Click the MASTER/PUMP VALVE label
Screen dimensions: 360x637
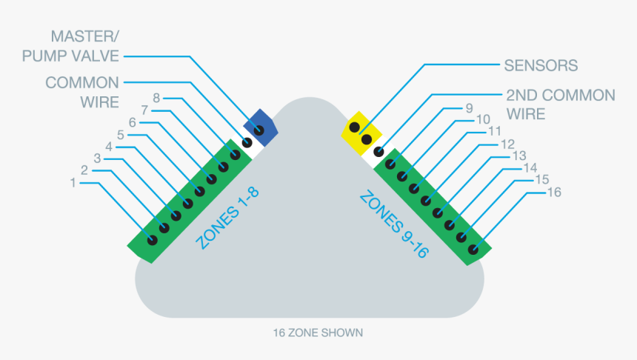click(70, 46)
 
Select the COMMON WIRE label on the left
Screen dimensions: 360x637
click(81, 92)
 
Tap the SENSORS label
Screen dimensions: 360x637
click(541, 65)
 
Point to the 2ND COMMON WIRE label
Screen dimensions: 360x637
click(560, 104)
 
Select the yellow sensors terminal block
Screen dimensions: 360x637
click(360, 132)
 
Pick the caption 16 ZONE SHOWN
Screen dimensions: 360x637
click(318, 333)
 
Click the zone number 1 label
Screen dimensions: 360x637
click(73, 182)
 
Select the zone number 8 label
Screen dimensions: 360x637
click(156, 98)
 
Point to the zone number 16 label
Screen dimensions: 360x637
click(553, 193)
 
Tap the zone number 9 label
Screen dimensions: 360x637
click(469, 108)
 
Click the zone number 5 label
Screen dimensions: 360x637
click(121, 135)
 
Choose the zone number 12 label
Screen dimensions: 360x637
click(507, 144)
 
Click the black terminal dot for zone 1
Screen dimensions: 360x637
click(152, 240)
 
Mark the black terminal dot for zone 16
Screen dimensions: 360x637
click(473, 250)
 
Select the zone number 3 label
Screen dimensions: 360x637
click(97, 159)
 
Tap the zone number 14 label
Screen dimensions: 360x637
click(530, 168)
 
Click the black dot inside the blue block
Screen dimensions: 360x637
click(259, 131)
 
